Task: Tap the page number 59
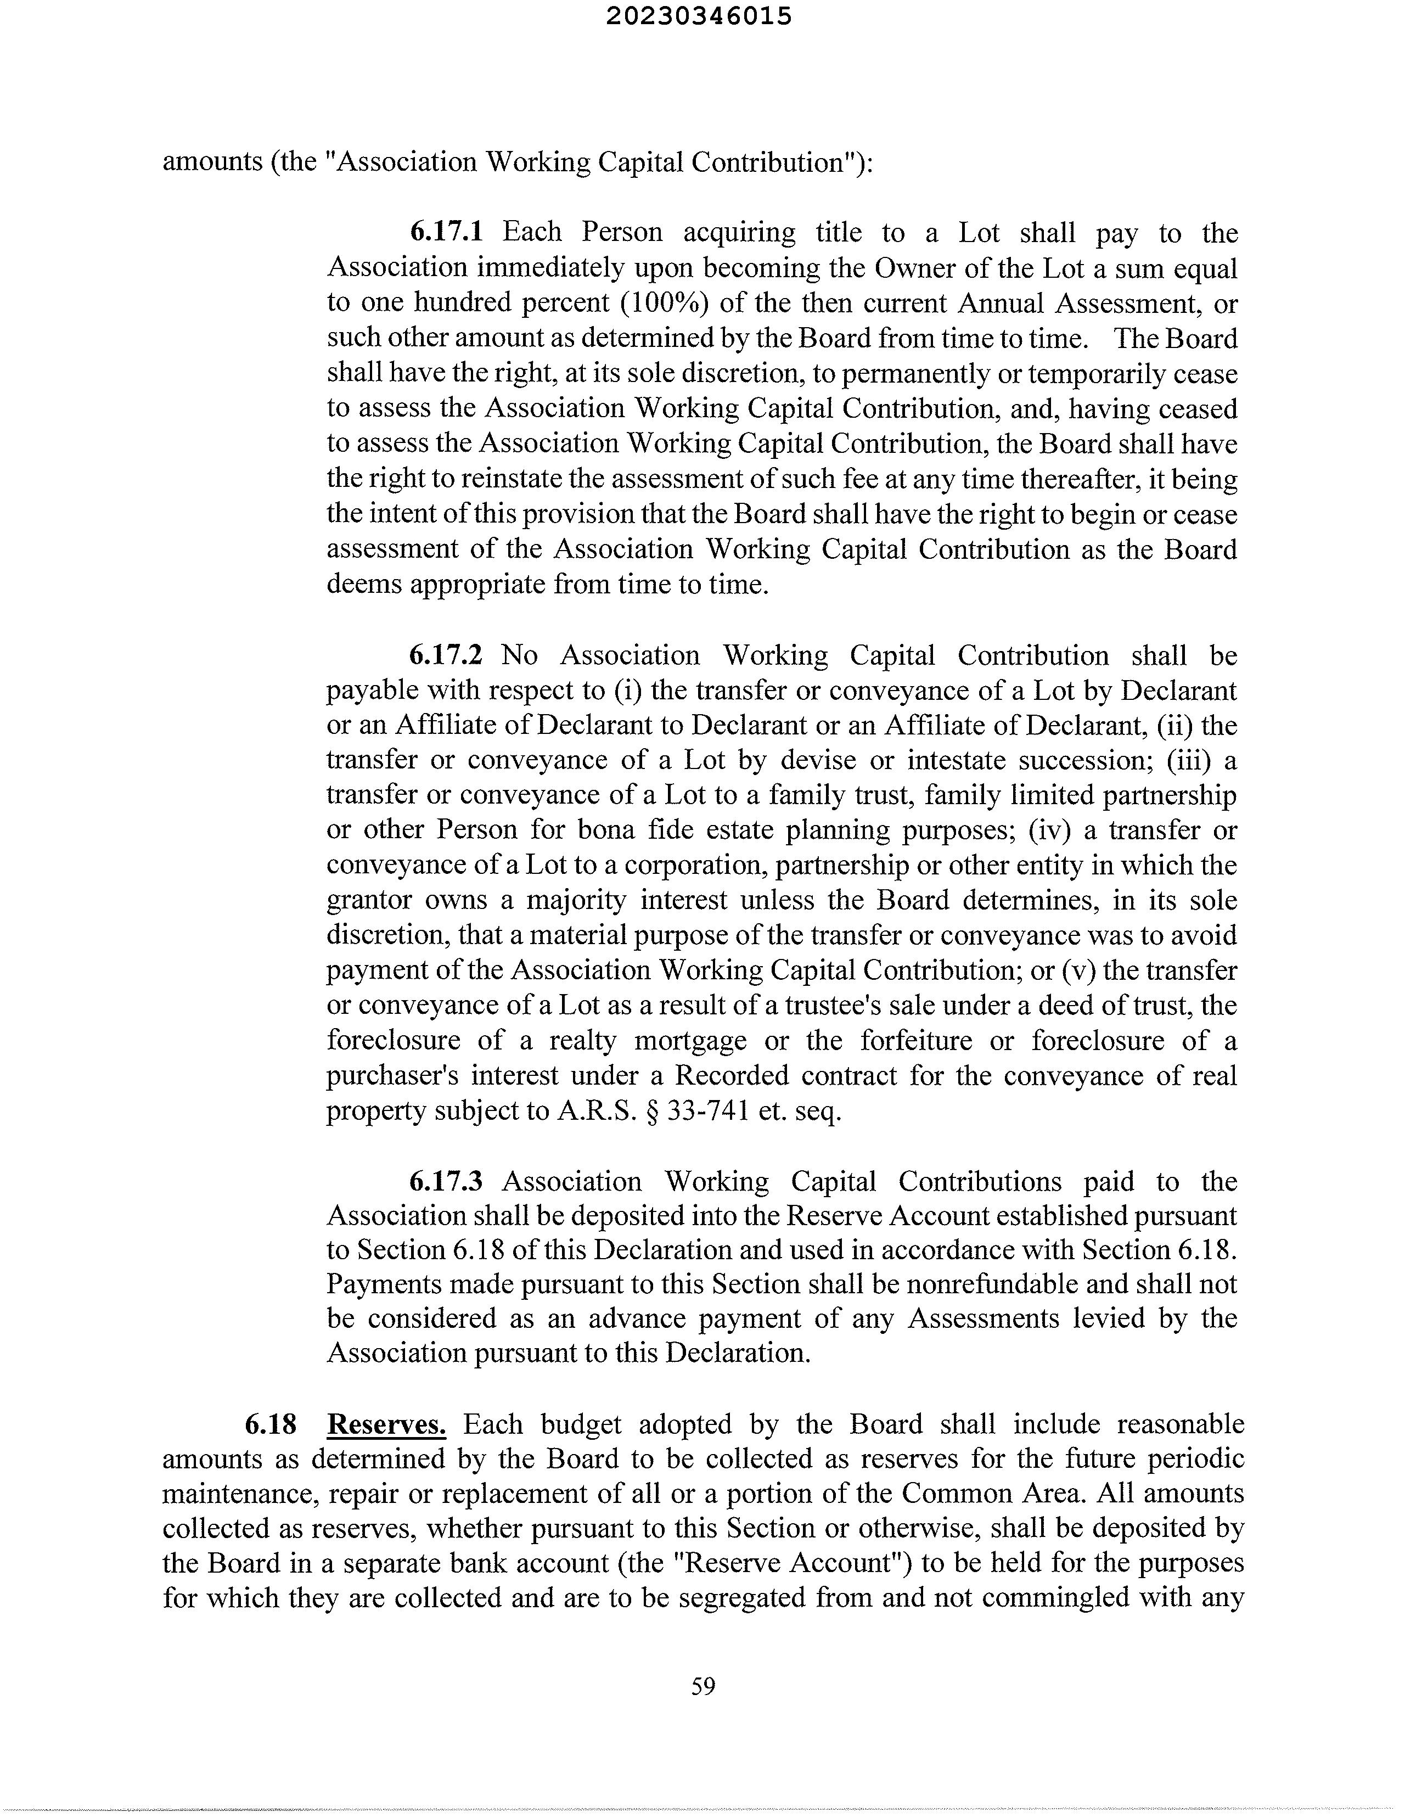coord(704,1686)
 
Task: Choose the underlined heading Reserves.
coord(387,1424)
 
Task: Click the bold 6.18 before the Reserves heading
coord(271,1424)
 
